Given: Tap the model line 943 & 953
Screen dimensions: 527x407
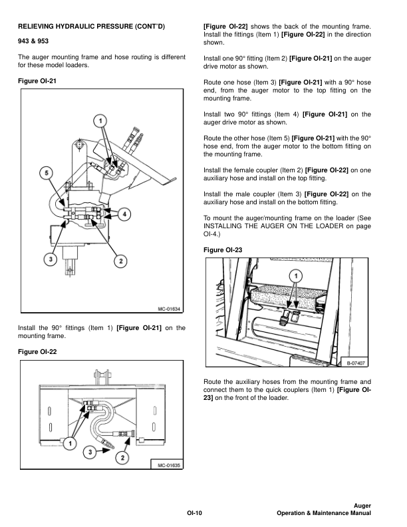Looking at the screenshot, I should pyautogui.click(x=34, y=41).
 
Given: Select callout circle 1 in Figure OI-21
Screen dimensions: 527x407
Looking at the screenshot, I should pyautogui.click(x=99, y=121).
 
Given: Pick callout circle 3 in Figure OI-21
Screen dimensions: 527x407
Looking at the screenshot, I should pyautogui.click(x=49, y=260).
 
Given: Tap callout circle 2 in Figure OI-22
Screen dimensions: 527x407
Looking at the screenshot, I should pyautogui.click(x=122, y=458).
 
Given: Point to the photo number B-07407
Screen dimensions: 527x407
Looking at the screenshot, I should pyautogui.click(x=356, y=363).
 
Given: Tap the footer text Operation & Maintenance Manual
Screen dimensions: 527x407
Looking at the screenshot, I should pyautogui.click(x=324, y=514).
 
